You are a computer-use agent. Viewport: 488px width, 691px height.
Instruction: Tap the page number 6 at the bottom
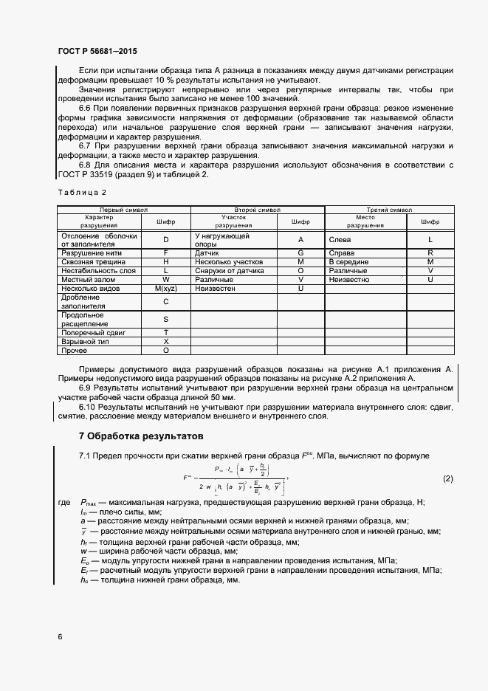pos(60,636)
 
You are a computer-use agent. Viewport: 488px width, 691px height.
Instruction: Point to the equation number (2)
pos(447,479)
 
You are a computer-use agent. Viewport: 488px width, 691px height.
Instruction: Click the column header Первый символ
pos(123,210)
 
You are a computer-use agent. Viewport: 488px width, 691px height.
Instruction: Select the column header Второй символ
pos(258,210)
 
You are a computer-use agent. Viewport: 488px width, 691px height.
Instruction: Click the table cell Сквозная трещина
pos(89,262)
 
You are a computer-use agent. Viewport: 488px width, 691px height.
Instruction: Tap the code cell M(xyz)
pos(165,289)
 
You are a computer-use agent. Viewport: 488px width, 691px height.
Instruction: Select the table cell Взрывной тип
pos(83,342)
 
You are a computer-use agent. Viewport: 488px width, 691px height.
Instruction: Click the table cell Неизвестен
pos(213,289)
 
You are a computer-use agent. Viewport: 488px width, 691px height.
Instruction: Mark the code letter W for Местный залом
pos(165,280)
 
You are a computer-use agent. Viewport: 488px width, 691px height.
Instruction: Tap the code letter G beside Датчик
pos(300,253)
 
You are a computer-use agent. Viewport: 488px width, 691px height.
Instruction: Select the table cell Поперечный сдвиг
pos(93,333)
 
